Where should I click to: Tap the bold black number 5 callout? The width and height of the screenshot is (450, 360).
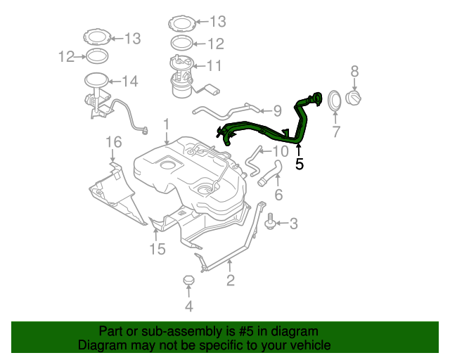[300, 165]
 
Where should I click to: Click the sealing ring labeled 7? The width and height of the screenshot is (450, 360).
[335, 101]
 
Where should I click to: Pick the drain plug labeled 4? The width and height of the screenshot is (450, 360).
[188, 281]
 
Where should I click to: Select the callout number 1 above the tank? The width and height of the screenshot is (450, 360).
[166, 124]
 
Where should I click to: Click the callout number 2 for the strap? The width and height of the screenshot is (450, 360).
[230, 281]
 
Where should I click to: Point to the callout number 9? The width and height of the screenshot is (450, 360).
[277, 110]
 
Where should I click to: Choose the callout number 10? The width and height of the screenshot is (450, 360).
[280, 151]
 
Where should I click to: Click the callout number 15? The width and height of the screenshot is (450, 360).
[156, 249]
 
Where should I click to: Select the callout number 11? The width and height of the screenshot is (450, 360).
[214, 66]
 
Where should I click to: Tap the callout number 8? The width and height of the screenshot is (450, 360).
[354, 70]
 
